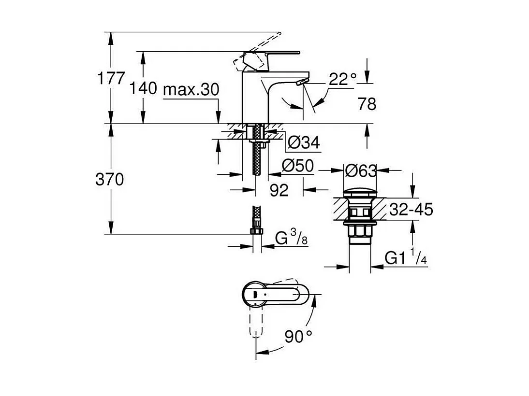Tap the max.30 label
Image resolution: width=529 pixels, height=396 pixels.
pyautogui.click(x=191, y=89)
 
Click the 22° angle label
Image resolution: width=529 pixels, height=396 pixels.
pyautogui.click(x=342, y=79)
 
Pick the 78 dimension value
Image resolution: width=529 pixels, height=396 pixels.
pyautogui.click(x=366, y=103)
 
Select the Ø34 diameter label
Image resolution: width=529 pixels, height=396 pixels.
pyautogui.click(x=303, y=142)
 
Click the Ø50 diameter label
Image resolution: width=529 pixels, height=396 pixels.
pyautogui.click(x=297, y=166)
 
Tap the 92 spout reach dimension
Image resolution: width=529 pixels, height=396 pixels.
pyautogui.click(x=279, y=190)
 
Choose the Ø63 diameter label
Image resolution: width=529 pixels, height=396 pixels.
pyautogui.click(x=360, y=170)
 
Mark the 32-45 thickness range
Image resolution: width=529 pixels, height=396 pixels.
pyautogui.click(x=411, y=210)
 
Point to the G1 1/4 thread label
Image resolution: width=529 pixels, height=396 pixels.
pyautogui.click(x=406, y=259)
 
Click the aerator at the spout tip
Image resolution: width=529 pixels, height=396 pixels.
pyautogui.click(x=301, y=83)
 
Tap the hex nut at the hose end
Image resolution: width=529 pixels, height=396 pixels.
pyautogui.click(x=256, y=232)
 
